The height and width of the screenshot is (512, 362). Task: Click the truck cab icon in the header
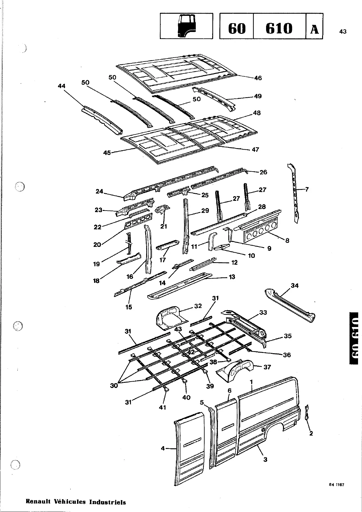tap(186, 26)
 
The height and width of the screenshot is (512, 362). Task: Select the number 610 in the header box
tap(279, 29)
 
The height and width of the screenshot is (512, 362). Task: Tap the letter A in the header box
tap(314, 29)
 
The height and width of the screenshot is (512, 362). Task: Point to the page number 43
tap(343, 31)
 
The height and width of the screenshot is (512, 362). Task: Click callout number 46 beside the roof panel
tap(258, 78)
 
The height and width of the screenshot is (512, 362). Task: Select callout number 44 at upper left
tap(62, 86)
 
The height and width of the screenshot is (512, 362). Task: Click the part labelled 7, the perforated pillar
tap(294, 192)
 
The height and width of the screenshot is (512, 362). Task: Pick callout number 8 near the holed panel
tap(287, 240)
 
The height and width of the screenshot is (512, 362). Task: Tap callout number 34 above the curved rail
tap(295, 286)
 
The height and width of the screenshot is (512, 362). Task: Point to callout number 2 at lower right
tap(311, 433)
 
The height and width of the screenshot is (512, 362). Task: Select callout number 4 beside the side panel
tap(163, 448)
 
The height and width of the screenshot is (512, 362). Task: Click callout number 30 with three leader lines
tap(114, 385)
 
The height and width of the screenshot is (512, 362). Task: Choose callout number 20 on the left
tap(97, 244)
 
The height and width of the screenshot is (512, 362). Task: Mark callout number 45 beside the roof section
tap(107, 153)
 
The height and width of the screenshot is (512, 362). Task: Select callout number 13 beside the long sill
tap(232, 277)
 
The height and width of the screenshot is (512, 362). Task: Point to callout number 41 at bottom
tap(163, 407)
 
